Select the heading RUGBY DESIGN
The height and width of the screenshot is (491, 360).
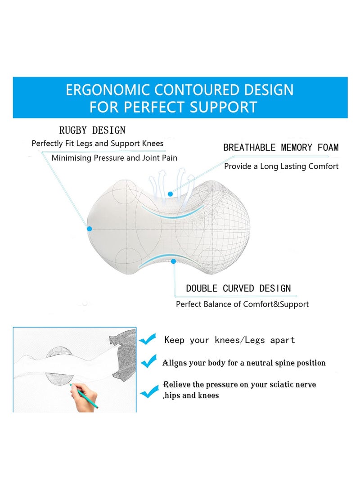[92, 131]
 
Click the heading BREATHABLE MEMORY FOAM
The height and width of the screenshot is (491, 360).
[281, 148]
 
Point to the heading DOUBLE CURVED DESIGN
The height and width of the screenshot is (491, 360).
[238, 288]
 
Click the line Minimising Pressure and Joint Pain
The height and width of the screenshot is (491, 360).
[114, 158]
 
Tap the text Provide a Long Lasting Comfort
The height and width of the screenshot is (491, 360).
[281, 167]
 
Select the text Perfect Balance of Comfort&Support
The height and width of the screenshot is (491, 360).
[242, 304]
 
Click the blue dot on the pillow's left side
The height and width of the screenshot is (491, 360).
[90, 229]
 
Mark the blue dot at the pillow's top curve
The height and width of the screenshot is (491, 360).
[171, 194]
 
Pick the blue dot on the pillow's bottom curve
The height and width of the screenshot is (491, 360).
[174, 261]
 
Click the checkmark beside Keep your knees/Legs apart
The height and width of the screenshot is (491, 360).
[148, 339]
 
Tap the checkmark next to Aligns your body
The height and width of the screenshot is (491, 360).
[148, 361]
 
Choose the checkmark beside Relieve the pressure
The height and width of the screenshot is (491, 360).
[149, 392]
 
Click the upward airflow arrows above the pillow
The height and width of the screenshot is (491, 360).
[168, 180]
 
